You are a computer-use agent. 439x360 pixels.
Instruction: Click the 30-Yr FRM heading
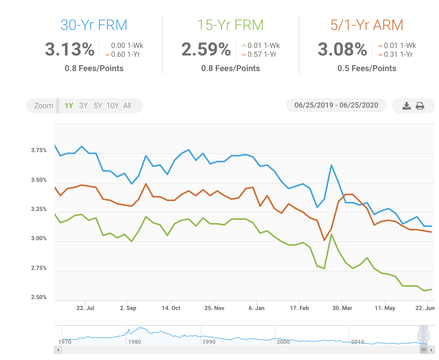94,25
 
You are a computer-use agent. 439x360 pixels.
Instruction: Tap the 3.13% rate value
70,49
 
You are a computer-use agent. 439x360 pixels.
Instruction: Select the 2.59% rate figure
206,49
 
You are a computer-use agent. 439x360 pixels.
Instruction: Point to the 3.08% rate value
342,49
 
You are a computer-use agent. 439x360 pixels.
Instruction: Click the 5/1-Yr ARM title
367,25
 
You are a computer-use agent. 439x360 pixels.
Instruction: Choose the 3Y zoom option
83,106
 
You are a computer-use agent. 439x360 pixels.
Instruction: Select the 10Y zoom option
112,106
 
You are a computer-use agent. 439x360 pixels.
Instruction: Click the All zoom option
127,106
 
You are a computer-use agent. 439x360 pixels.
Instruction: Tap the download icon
406,106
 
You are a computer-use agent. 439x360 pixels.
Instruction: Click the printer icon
420,106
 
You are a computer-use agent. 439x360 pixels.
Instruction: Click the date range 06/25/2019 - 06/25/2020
336,105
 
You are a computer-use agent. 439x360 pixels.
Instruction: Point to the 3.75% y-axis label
39,150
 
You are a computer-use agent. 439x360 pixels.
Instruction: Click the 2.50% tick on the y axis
39,297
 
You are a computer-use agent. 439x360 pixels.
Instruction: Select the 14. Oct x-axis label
171,308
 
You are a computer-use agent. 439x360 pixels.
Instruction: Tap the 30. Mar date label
342,308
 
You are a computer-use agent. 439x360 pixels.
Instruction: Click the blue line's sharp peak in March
331,165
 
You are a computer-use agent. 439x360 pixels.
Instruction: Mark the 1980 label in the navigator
135,342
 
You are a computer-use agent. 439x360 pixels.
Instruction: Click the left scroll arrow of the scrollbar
58,350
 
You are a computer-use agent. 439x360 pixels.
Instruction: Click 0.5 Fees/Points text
367,69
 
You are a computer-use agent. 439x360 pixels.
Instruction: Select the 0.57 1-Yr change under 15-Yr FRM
262,54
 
